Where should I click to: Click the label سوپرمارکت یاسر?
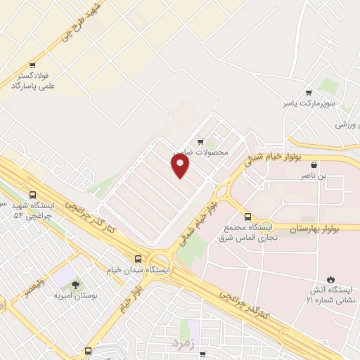[x=307, y=103]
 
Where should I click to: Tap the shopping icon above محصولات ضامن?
[x=201, y=141]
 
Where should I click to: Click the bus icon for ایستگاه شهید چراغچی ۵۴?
[x=32, y=195]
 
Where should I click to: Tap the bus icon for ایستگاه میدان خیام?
[x=139, y=258]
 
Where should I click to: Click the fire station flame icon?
[x=331, y=278]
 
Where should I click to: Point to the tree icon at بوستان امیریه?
[x=75, y=284]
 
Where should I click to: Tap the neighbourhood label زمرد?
[x=181, y=342]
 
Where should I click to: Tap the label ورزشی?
[x=347, y=124]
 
